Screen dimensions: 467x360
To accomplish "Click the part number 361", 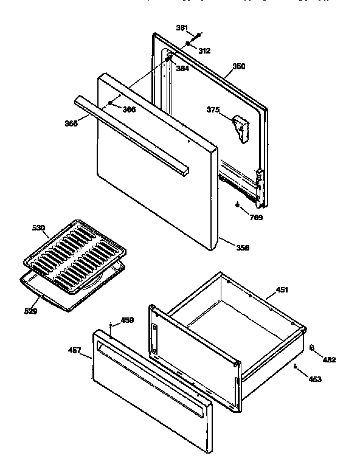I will [181, 28].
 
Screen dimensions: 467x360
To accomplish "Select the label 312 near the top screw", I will [204, 51].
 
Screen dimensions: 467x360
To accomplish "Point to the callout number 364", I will [182, 69].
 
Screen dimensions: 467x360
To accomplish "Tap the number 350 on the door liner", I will [239, 66].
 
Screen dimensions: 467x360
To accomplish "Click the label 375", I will [213, 110].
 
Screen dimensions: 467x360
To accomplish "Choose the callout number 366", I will [128, 109].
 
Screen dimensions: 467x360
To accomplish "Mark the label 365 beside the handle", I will [72, 123].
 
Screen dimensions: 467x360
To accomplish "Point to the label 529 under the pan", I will [30, 311].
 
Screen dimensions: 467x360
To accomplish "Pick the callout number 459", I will [127, 320].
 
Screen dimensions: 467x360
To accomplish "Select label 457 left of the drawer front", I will [74, 351].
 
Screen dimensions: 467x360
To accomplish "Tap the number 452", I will [329, 359].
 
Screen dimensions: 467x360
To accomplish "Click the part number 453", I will [315, 379].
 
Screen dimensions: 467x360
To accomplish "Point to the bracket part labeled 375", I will [241, 128].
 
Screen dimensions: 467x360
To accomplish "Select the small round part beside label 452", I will [312, 348].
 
